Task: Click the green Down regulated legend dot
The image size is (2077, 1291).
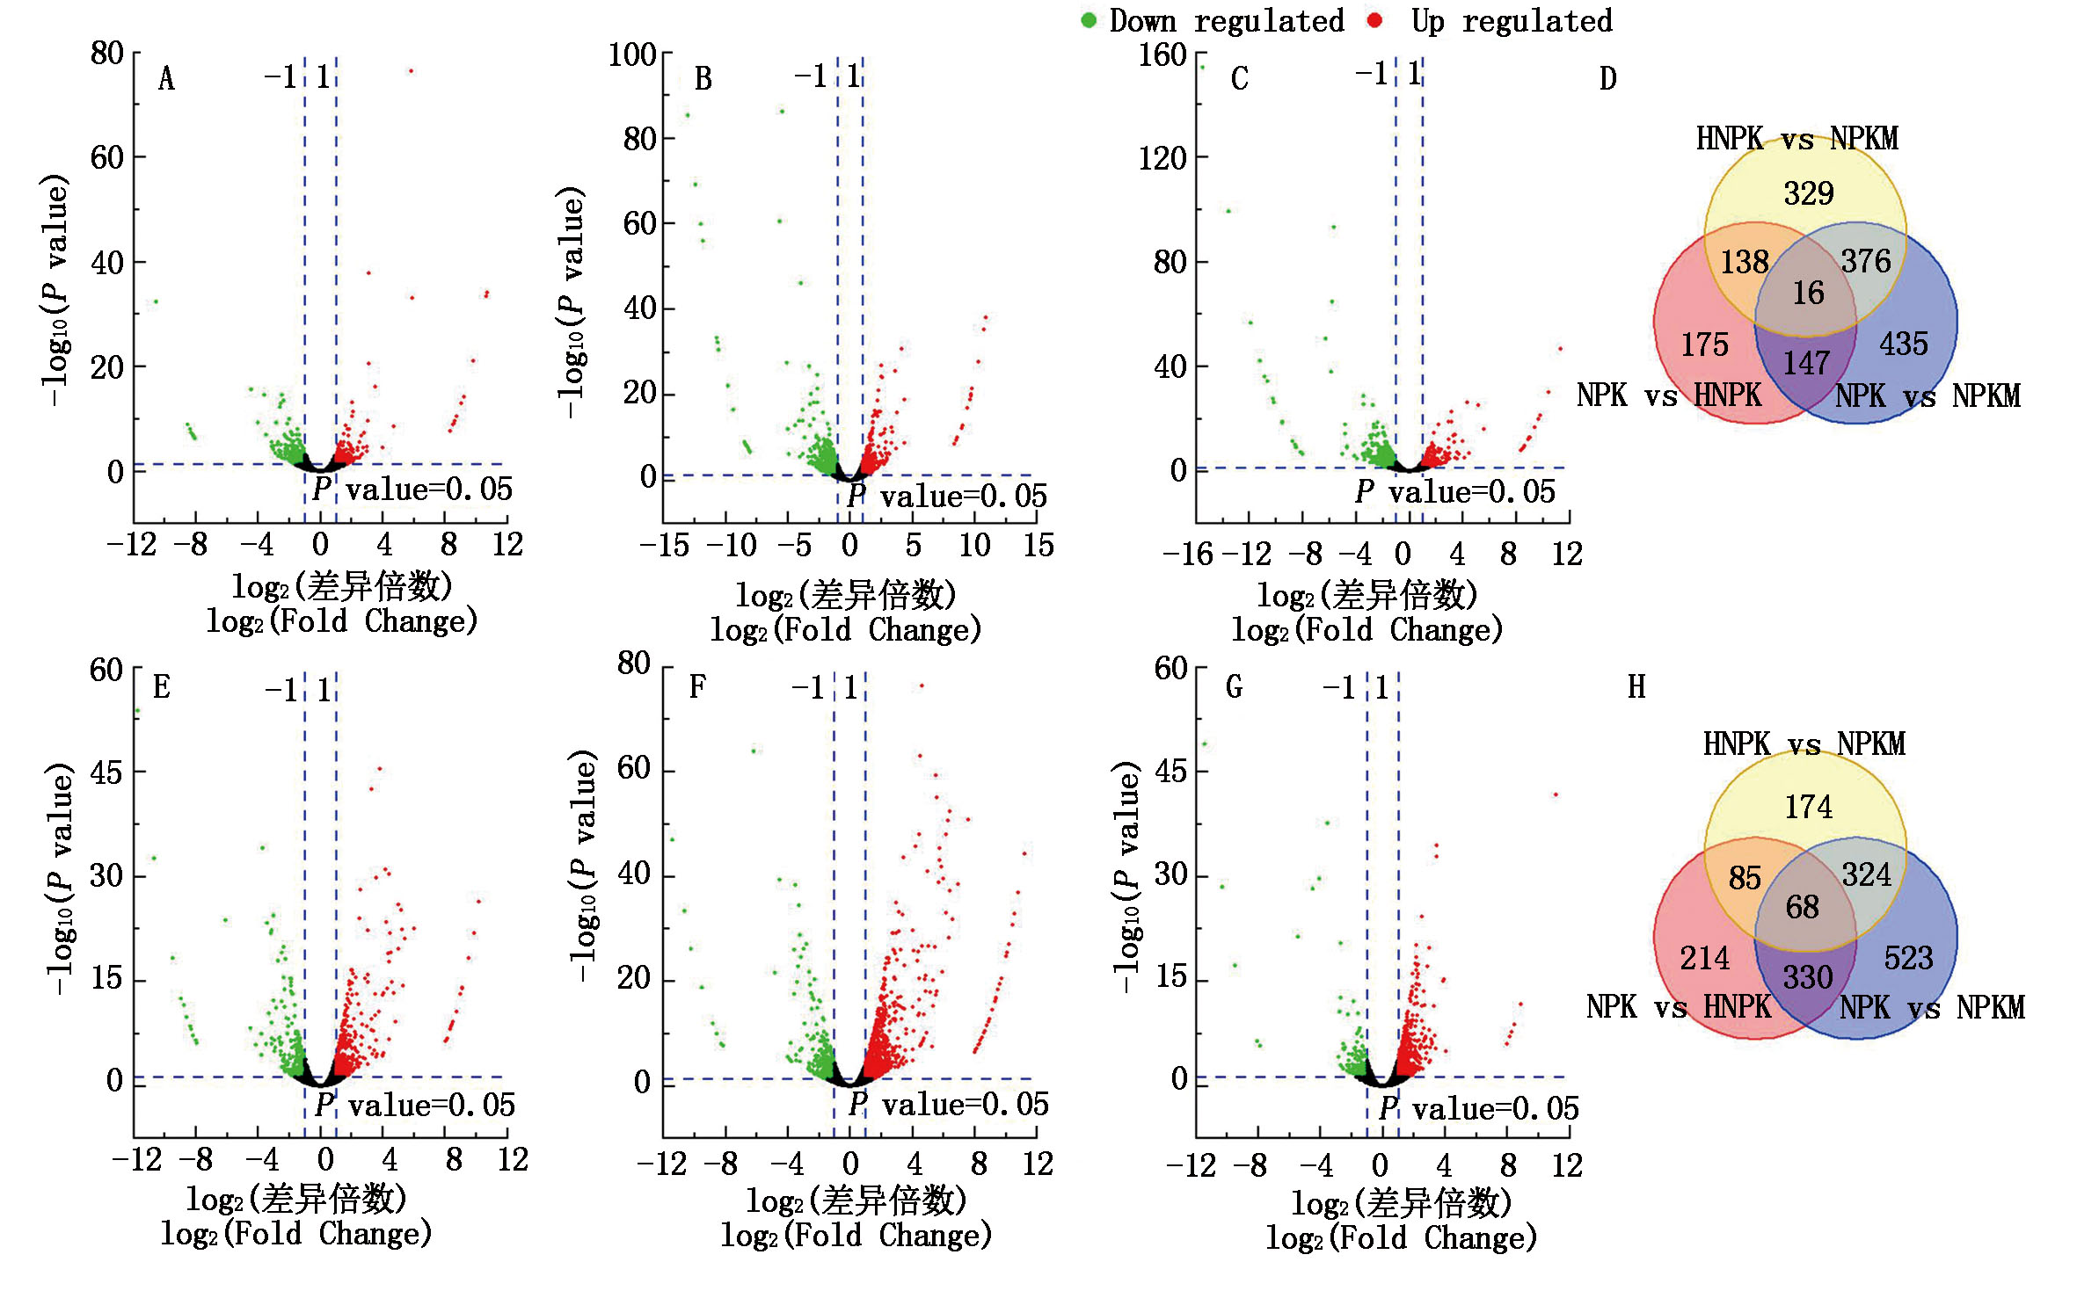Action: coord(1088,20)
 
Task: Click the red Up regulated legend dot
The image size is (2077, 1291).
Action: coord(1375,20)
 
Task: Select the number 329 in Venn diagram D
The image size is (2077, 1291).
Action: coord(1808,193)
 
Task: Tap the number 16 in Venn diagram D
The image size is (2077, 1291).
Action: coord(1808,293)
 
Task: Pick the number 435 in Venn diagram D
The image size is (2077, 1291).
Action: coord(1904,344)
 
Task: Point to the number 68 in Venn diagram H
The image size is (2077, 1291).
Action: coord(1802,907)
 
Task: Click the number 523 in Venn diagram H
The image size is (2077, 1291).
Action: coord(1908,958)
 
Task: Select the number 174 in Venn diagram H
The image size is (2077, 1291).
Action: coord(1808,807)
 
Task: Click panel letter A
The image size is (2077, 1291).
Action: coord(166,79)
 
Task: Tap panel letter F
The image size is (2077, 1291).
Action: coord(697,686)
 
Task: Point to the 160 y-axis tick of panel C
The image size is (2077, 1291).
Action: coord(1162,55)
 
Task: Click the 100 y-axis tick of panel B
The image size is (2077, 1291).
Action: coord(632,55)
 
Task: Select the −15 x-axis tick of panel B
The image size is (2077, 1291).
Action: coord(664,546)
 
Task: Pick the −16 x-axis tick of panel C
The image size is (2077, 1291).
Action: coord(1187,555)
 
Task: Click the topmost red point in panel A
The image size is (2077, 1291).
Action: coord(411,71)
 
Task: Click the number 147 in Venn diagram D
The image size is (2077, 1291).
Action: coord(1806,363)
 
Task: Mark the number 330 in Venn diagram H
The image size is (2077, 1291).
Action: coord(1807,977)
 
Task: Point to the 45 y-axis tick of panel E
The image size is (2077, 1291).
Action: coord(106,772)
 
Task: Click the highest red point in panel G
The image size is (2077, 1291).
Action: coord(1556,794)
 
